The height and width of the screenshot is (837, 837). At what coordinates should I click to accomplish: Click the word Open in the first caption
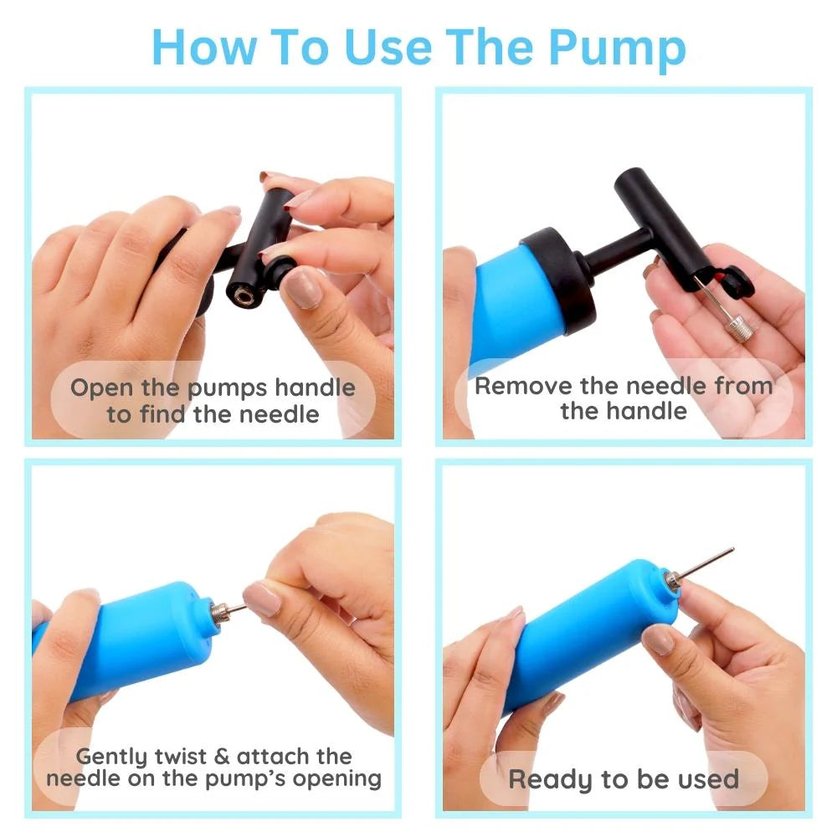click(x=102, y=388)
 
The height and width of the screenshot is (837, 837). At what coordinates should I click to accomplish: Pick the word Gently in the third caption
click(x=111, y=757)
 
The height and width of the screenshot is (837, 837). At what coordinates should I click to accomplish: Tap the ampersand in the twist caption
click(x=221, y=757)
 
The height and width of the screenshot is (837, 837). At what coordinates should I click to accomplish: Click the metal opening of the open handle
click(x=244, y=295)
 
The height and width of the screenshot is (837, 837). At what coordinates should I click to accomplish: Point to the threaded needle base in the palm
click(x=738, y=326)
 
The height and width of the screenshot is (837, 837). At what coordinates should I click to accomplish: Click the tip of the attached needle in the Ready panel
click(x=732, y=549)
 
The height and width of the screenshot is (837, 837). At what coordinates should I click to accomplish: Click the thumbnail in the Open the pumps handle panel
click(x=301, y=288)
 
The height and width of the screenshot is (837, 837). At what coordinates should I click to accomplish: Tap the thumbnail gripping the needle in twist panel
click(x=261, y=598)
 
